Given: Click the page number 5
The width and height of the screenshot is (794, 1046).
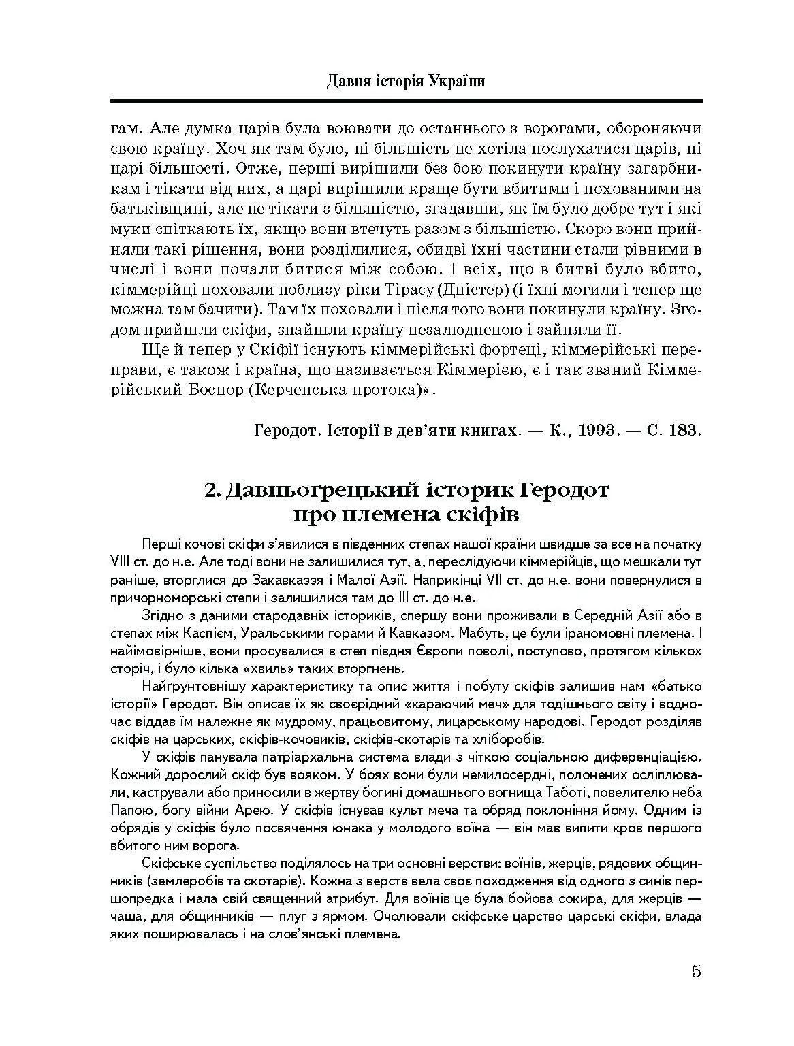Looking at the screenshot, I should pos(696,971).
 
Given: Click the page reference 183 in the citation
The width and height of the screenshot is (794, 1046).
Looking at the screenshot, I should pos(683,431).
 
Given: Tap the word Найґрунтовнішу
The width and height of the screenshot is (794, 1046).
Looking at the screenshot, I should pos(189,686).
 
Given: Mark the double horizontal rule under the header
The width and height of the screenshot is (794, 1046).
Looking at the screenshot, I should pos(406,101).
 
